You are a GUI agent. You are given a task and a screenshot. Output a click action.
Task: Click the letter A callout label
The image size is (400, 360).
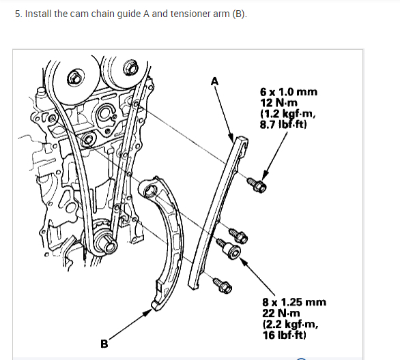coord(215,82)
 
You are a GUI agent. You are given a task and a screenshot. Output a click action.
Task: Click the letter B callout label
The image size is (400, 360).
coord(104,344)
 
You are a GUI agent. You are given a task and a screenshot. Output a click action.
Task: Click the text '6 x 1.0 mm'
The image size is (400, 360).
coord(289,92)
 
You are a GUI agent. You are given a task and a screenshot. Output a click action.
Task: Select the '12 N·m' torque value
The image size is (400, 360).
coord(278,103)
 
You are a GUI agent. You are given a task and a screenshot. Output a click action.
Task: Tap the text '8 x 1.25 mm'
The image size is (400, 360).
coord(294,302)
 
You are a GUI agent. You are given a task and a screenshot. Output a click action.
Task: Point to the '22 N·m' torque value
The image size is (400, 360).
coord(281,313)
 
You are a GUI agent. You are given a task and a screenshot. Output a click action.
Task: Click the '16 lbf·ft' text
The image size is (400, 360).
coord(284,335)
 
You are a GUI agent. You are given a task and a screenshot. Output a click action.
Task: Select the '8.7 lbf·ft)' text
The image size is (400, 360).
coord(283,125)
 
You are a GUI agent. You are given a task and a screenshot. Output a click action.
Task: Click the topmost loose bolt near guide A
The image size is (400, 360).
coord(257,185)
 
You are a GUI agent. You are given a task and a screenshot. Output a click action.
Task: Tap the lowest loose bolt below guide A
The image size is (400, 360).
coord(223,286)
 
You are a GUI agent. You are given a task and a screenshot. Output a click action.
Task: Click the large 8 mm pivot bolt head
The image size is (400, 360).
coord(233,252)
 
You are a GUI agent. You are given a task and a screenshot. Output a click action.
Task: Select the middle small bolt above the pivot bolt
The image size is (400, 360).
coord(238,236)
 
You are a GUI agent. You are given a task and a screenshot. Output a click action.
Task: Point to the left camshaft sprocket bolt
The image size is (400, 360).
coord(74,78)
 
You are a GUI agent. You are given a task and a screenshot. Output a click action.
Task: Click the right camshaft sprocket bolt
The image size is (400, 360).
coord(130,67)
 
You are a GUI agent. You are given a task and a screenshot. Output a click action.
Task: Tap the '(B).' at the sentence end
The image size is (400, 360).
coord(240,14)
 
